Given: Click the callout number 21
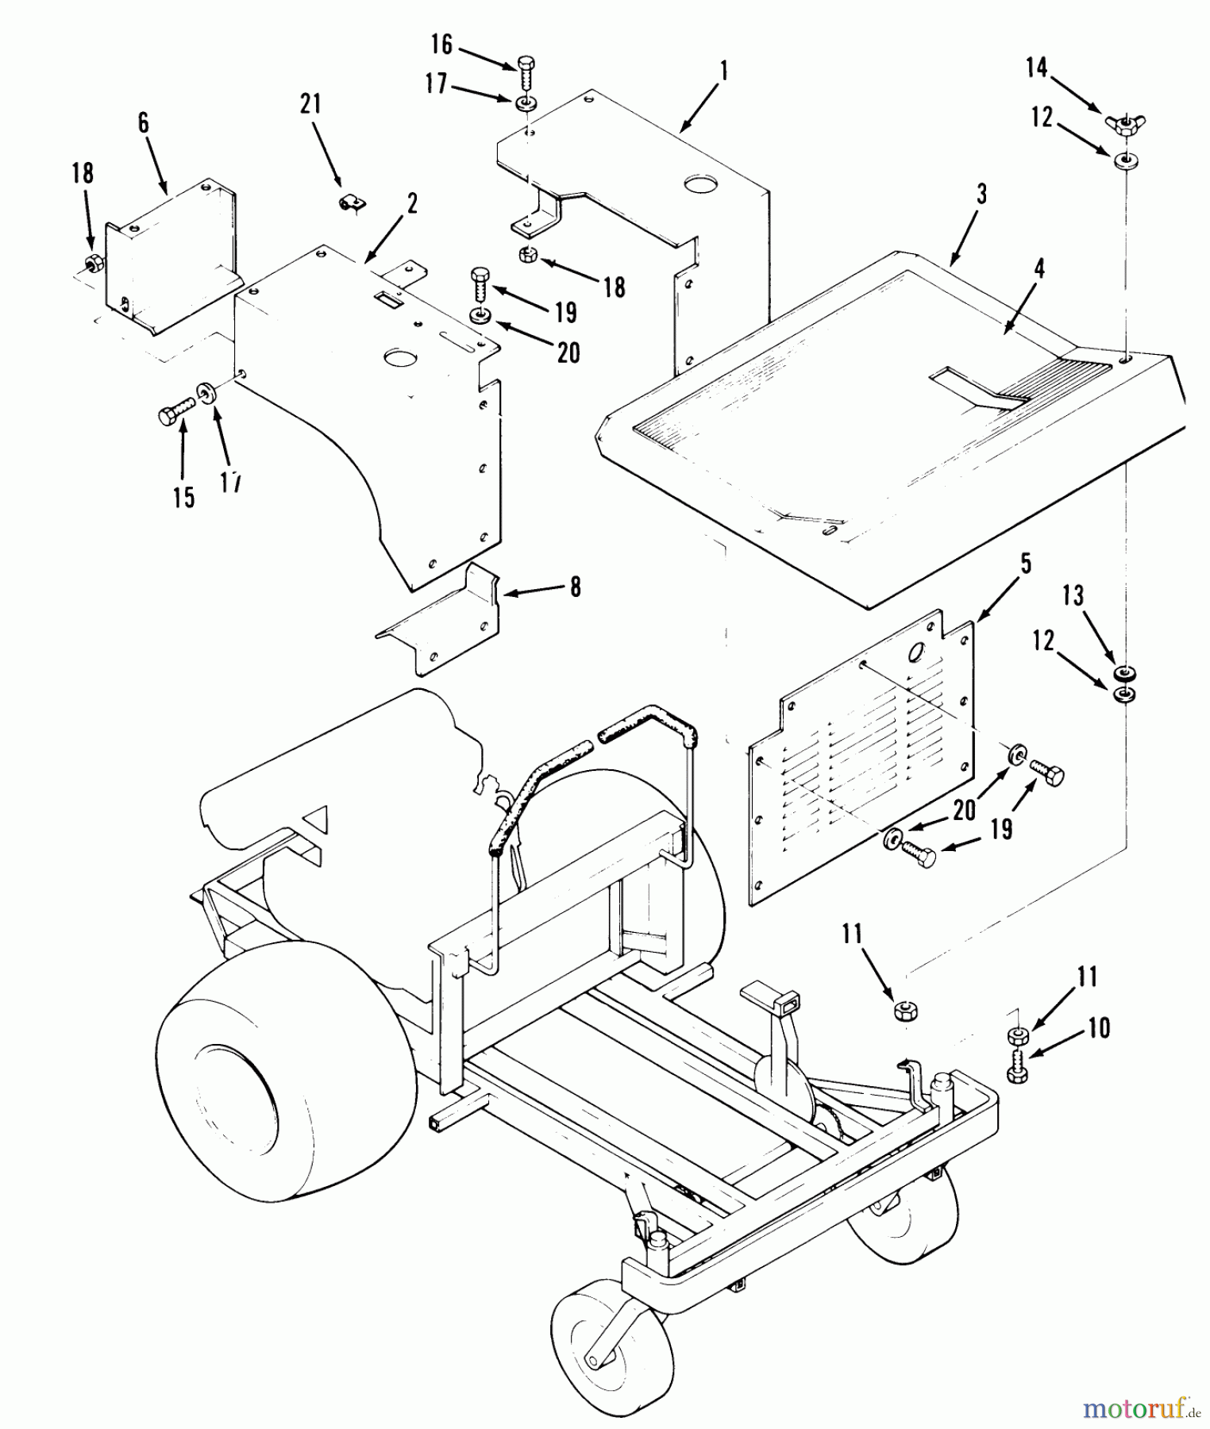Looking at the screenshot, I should [311, 104].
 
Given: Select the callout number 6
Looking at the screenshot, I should [143, 123].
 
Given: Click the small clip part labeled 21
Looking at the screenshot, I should [348, 204].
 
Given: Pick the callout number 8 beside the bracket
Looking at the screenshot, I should [575, 587].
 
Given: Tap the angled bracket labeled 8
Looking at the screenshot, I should [445, 619].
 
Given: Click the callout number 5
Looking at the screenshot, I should [1026, 564].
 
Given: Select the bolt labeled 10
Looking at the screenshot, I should [1018, 1069].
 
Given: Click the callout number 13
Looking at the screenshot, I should [1073, 595].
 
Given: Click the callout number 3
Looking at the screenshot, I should [981, 194].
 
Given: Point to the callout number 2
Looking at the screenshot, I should [412, 203].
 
